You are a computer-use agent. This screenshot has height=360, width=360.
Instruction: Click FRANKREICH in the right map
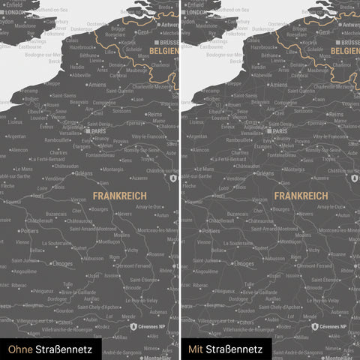300,195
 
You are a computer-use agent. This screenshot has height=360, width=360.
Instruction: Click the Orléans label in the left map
83,173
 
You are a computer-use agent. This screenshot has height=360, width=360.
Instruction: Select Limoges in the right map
244,264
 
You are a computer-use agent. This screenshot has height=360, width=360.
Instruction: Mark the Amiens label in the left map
97,85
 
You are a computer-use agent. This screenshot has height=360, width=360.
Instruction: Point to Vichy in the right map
314,250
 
